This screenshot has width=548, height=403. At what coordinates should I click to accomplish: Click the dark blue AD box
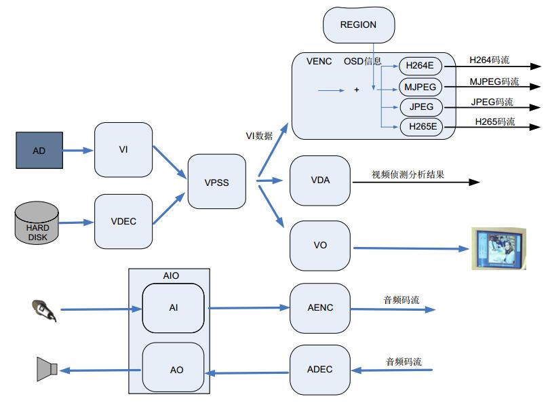click(x=39, y=151)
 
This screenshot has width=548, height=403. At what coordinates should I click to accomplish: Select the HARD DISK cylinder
click(x=37, y=223)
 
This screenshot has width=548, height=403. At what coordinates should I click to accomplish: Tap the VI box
click(x=123, y=149)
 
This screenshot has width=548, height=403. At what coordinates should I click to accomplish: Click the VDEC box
click(x=123, y=222)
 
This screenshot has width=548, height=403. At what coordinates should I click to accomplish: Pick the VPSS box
click(x=216, y=181)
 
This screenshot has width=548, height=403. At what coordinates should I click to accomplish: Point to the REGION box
click(x=359, y=25)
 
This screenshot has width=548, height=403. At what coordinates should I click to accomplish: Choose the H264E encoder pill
click(x=420, y=66)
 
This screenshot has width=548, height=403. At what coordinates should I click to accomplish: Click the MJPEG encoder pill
click(x=420, y=87)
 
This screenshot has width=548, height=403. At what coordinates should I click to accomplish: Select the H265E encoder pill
click(x=421, y=126)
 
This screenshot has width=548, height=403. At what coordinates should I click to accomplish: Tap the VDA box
click(x=320, y=180)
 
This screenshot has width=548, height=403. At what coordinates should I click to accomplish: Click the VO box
click(x=320, y=246)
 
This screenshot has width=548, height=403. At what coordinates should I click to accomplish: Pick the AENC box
click(x=320, y=308)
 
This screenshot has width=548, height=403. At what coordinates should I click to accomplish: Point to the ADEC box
click(x=320, y=370)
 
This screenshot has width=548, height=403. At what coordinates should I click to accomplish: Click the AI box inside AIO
click(x=173, y=308)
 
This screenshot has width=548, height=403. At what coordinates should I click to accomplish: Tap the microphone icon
click(x=44, y=310)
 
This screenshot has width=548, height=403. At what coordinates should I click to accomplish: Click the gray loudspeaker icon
click(x=47, y=369)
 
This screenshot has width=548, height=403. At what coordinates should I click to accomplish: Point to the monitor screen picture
click(x=498, y=248)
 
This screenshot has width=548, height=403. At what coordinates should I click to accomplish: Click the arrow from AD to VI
click(x=78, y=151)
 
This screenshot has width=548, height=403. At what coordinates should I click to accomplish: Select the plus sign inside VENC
click(x=357, y=90)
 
